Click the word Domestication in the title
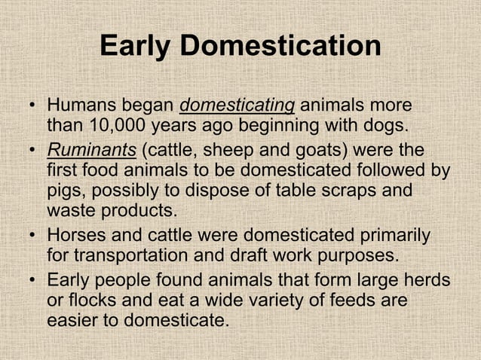(285, 47)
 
